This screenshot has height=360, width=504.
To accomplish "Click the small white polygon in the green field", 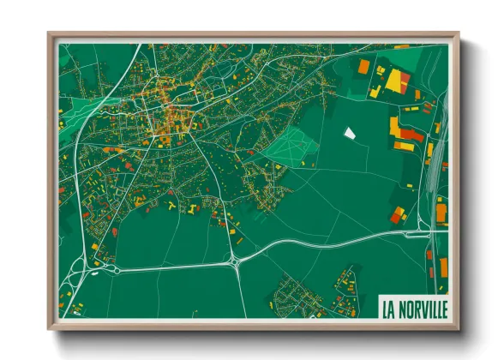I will coord(349,133).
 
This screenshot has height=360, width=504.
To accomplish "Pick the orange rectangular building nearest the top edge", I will coord(363,65).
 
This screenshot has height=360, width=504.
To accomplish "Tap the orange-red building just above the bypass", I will coord(398,215).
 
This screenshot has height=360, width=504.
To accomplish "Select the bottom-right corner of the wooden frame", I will coord(457,327).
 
